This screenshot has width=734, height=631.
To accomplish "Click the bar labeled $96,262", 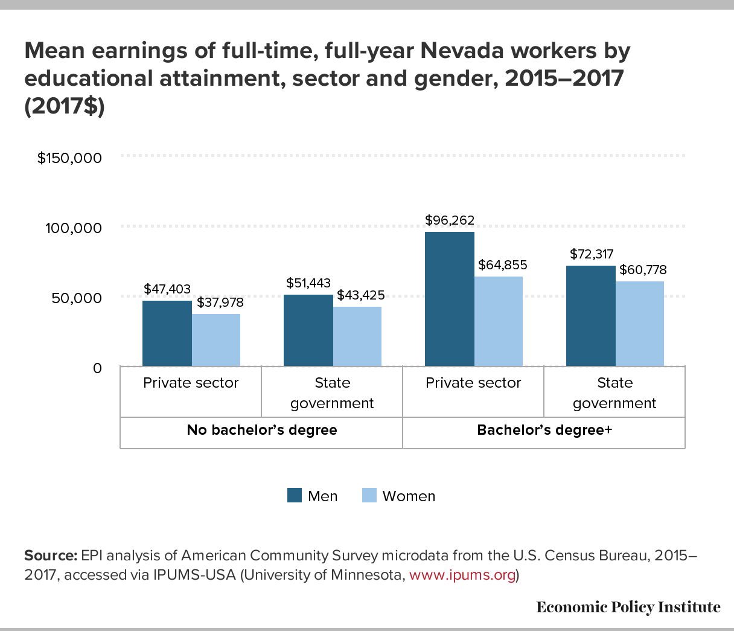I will [449, 299].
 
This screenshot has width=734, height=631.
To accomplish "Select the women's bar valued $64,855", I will [499, 321].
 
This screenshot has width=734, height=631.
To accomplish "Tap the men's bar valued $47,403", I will [167, 333].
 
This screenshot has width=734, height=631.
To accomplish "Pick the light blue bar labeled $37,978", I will [216, 340].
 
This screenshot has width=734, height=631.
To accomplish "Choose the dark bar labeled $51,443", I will [308, 330].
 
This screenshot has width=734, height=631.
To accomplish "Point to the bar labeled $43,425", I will [357, 336].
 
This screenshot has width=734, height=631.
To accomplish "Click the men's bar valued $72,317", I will [590, 316].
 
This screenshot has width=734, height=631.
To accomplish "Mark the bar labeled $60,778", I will [640, 324].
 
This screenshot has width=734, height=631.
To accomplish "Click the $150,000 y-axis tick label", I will [69, 158].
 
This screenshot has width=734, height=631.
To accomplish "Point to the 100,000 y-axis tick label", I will [74, 228].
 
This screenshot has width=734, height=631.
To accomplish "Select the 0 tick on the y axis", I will [97, 368].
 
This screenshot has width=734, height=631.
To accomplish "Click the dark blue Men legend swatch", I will [294, 496].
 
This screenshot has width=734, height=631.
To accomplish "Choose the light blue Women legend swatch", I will [369, 496].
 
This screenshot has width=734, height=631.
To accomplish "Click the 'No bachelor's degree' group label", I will [261, 430].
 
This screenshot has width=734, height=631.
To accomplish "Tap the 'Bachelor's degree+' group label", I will [544, 430].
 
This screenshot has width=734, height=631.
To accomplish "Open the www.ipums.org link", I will [462, 575].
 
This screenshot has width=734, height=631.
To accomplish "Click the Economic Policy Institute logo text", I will [628, 607].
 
